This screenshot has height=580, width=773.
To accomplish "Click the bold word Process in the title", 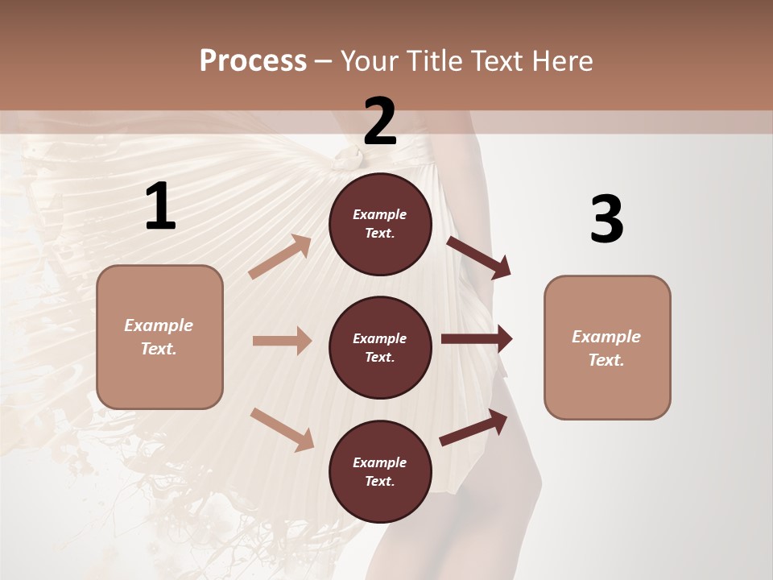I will point(253,61).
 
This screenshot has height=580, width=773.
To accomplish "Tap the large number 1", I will point(160,207).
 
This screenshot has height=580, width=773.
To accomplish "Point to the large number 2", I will point(380,122).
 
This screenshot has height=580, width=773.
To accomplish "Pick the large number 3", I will point(606,219).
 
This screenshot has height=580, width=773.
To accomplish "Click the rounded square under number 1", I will point(159,337).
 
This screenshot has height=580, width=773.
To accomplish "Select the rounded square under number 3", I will point(607,347).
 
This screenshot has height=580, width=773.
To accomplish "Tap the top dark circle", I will point(380,224).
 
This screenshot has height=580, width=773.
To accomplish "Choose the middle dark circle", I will point(380,347).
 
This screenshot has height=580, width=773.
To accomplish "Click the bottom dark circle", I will point(380,471).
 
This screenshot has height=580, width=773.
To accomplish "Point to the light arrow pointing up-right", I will point(280,256).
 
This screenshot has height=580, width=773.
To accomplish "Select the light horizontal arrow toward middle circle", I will point(282,341).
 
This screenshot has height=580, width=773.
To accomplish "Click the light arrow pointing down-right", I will point(282,429).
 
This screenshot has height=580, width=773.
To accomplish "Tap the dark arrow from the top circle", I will point(479,258).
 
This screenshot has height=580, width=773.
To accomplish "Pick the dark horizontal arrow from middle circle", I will point(477,339).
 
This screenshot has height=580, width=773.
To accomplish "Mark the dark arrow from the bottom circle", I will point(474,427).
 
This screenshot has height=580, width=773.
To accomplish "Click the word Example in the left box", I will point(159,325).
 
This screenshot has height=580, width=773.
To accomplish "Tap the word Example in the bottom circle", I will point(380,462).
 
